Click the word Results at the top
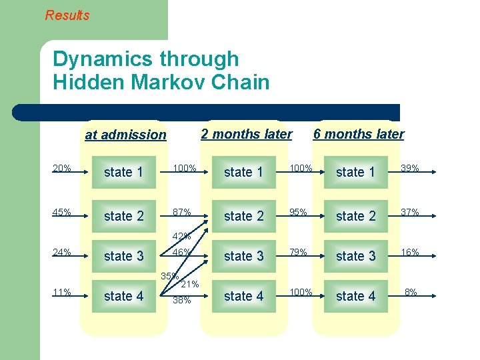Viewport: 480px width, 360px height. point(67,15)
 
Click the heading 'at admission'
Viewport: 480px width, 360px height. point(125,135)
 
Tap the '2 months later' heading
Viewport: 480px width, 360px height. point(247,134)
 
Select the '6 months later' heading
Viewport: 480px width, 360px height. point(359,134)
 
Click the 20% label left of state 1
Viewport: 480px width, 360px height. point(62,168)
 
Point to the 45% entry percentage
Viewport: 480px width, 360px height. point(62,213)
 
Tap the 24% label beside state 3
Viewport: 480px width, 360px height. point(62,253)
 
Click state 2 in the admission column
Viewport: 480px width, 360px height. point(124,216)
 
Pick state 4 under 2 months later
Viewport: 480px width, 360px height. point(244,296)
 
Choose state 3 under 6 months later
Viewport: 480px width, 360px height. point(356,256)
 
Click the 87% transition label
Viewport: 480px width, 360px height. point(181,213)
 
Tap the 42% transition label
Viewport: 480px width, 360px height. point(181,236)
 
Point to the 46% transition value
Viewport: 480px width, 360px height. point(181,253)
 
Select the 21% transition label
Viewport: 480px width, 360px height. point(190,285)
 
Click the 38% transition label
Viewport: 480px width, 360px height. point(181,300)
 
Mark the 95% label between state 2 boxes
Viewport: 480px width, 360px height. point(297,213)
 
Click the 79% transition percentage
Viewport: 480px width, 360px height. point(297,253)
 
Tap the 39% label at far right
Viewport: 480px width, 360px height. point(409,168)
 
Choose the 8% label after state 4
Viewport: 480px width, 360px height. point(411,292)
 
